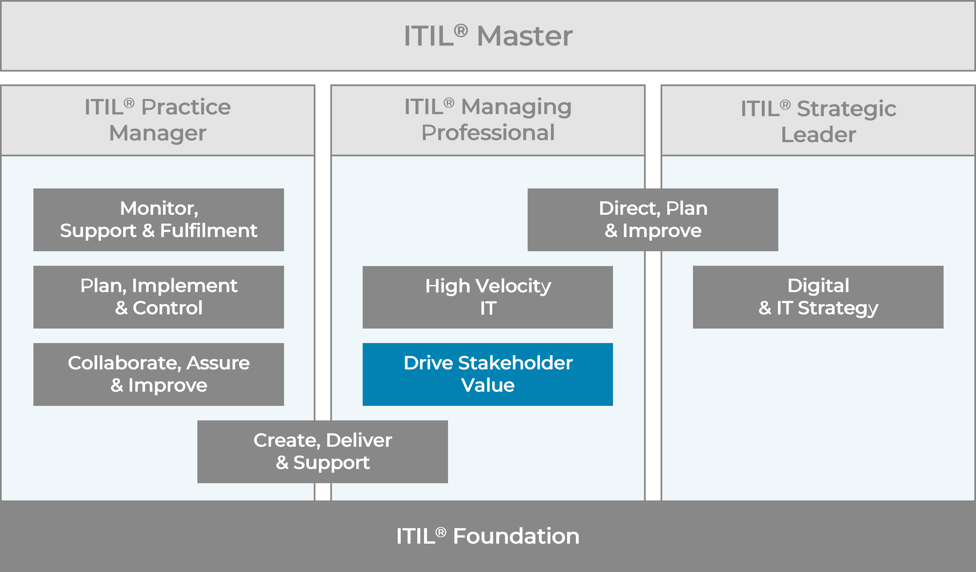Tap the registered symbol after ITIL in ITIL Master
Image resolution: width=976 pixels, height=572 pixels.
point(461,30)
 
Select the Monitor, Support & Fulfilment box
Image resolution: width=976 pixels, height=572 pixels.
point(159,220)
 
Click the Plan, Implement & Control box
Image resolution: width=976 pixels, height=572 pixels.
point(159,297)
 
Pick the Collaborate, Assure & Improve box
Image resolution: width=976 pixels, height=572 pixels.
point(159,374)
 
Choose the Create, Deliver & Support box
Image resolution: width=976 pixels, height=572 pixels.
point(322,451)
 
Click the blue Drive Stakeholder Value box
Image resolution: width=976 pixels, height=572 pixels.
point(487,374)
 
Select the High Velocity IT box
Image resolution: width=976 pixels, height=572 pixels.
point(487,297)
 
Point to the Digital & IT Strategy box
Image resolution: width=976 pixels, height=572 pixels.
point(818,297)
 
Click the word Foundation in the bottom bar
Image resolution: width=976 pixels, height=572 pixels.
point(516,536)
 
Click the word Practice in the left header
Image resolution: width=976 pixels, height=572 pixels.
point(186,107)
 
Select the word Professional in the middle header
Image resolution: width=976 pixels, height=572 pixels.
point(488,133)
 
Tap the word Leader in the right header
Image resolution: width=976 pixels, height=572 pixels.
point(818,134)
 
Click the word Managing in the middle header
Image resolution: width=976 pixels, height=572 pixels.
point(516,107)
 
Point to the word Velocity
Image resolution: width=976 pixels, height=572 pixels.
point(513,286)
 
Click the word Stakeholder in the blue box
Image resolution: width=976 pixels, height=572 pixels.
point(515,363)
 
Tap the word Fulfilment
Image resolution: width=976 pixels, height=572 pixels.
point(208,231)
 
